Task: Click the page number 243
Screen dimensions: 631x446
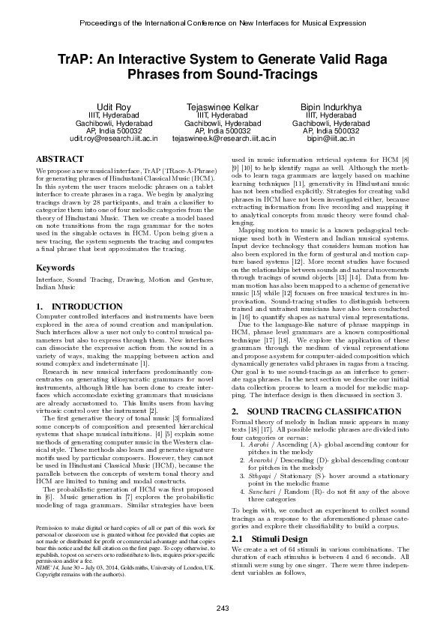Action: pos(223,607)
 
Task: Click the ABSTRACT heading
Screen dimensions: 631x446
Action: pos(59,160)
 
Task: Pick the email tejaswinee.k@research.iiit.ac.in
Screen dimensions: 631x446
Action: pos(223,139)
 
